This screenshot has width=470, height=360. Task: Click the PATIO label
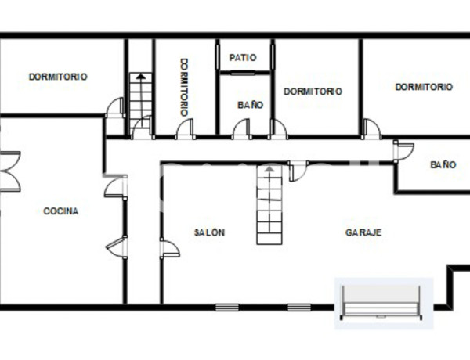coord(244,58)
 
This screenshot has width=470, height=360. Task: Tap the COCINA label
coord(60,211)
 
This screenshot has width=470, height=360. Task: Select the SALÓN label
coord(210,232)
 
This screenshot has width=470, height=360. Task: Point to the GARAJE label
coord(363,232)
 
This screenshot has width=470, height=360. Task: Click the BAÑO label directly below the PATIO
coord(251,104)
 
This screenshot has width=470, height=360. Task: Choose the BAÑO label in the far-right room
coord(443,165)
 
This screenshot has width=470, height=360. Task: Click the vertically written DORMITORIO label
coord(185,87)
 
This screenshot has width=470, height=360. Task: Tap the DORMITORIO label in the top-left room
coord(58,77)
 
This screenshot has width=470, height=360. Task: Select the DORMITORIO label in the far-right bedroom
coord(424,87)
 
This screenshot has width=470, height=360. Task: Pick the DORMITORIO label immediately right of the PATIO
coord(313,91)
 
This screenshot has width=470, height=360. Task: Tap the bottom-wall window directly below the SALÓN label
coord(226,307)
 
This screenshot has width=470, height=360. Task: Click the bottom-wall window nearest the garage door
coord(298,307)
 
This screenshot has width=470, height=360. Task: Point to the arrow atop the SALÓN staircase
coord(270,168)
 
